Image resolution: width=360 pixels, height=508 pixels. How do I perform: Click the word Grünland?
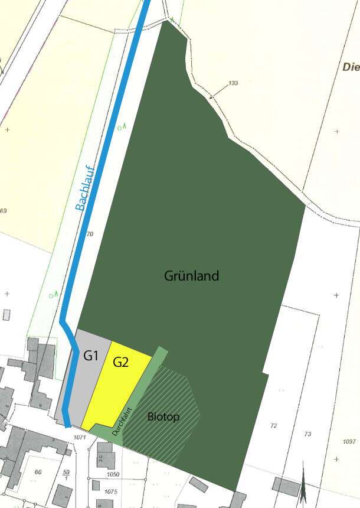coord(192,276)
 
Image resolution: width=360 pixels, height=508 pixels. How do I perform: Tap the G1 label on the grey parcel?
coord(90,356)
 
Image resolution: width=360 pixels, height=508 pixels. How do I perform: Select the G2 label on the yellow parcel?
coord(121,363)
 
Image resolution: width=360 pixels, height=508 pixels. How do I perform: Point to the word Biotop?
coord(163,417)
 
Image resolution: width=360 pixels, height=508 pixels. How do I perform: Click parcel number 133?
coord(233,83)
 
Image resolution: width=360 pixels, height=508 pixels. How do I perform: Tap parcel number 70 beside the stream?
coord(90,235)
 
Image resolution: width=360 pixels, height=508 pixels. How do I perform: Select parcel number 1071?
coord(81,438)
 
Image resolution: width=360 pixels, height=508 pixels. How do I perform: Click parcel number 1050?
coord(113,474)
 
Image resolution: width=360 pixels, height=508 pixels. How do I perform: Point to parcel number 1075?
coord(112,491)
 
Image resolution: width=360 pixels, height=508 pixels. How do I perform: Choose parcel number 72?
coord(273,426)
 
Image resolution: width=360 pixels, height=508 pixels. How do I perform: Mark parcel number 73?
coord(307,434)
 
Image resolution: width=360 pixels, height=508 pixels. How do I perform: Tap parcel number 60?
coord(38,471)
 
